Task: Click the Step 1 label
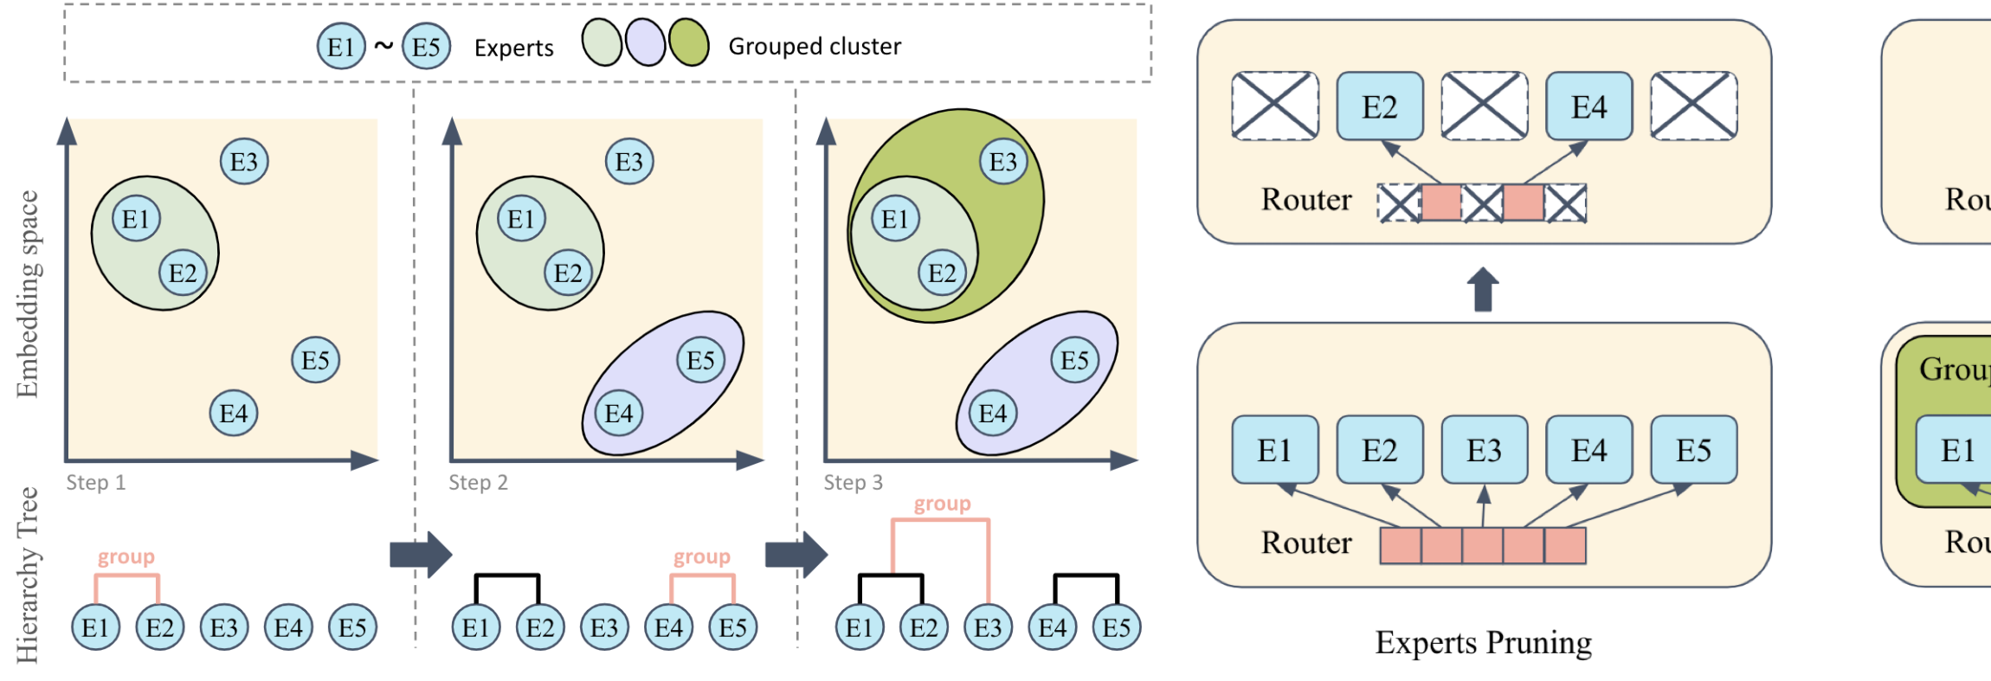click(96, 483)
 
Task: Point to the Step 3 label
click(853, 483)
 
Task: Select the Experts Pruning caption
click(1483, 643)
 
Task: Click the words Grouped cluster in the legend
click(815, 47)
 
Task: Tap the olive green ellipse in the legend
click(689, 43)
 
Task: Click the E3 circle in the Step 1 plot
click(244, 162)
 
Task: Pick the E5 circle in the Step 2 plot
click(700, 361)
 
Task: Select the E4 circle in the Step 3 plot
click(993, 414)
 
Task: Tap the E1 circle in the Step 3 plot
click(895, 219)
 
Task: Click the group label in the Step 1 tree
click(126, 556)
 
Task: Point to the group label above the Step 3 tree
click(942, 504)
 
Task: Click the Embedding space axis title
click(28, 294)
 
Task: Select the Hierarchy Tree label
click(28, 575)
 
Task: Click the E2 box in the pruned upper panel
click(1380, 106)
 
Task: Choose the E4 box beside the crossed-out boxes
click(1589, 106)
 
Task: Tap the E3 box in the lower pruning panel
click(1484, 450)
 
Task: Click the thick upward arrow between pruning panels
click(1483, 289)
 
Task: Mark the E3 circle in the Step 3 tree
click(988, 627)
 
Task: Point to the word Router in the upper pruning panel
click(1306, 200)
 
